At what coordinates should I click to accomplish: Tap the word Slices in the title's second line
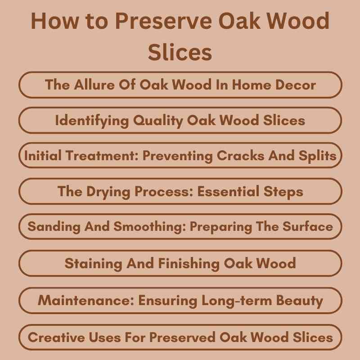pos(180,52)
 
